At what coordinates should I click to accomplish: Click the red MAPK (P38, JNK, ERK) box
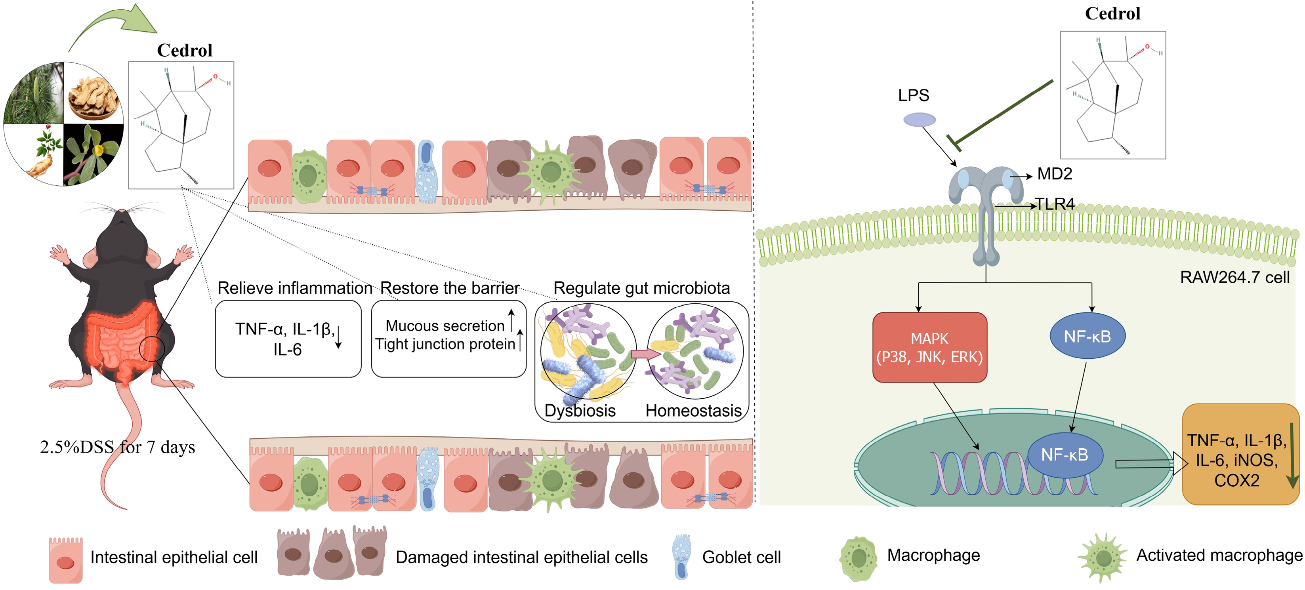pyautogui.click(x=929, y=347)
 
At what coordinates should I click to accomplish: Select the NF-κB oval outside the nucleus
pyautogui.click(x=1087, y=336)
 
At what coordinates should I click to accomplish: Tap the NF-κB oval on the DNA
pyautogui.click(x=1065, y=455)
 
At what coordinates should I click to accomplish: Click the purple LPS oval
pyautogui.click(x=920, y=120)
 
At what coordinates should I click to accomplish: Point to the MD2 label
pyautogui.click(x=1054, y=174)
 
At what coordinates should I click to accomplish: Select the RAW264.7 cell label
pyautogui.click(x=1234, y=277)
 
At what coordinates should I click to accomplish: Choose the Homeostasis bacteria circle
pyautogui.click(x=695, y=350)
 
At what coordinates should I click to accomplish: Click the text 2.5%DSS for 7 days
pyautogui.click(x=118, y=447)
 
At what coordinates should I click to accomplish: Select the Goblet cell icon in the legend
pyautogui.click(x=681, y=556)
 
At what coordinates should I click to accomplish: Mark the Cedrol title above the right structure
pyautogui.click(x=1112, y=14)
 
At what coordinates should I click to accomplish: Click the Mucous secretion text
pyautogui.click(x=445, y=325)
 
